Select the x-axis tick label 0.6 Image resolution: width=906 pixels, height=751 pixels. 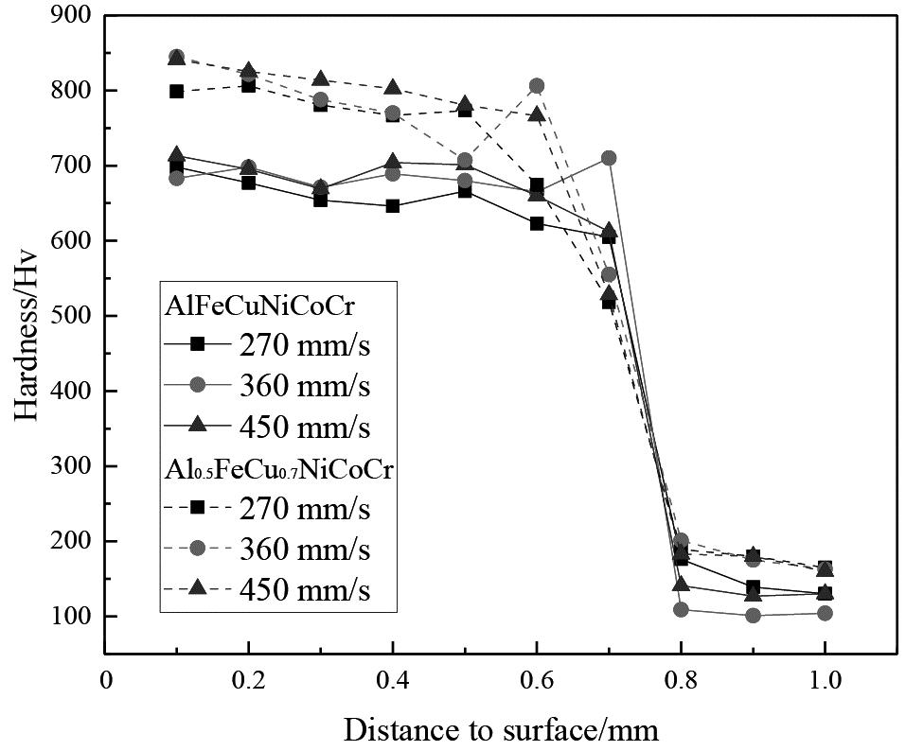tap(536, 682)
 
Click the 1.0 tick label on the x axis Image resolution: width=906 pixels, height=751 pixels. tap(824, 682)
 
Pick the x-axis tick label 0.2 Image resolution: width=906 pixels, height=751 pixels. tap(248, 682)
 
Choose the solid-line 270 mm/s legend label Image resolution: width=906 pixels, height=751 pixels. tap(304, 345)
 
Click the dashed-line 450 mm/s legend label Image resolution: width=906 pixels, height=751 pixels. tap(304, 590)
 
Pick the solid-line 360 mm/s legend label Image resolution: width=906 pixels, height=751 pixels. tap(304, 386)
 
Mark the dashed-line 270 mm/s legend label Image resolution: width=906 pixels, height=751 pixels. tap(304, 508)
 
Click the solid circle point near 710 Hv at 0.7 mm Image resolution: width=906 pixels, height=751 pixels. tap(609, 158)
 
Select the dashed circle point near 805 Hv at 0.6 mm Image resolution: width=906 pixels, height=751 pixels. tap(537, 86)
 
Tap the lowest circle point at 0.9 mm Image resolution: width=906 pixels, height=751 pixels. tap(753, 615)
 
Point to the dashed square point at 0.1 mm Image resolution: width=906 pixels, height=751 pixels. tap(176, 92)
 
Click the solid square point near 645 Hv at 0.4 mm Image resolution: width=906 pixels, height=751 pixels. tap(392, 206)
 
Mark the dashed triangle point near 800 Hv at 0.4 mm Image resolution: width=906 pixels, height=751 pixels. tap(392, 88)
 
